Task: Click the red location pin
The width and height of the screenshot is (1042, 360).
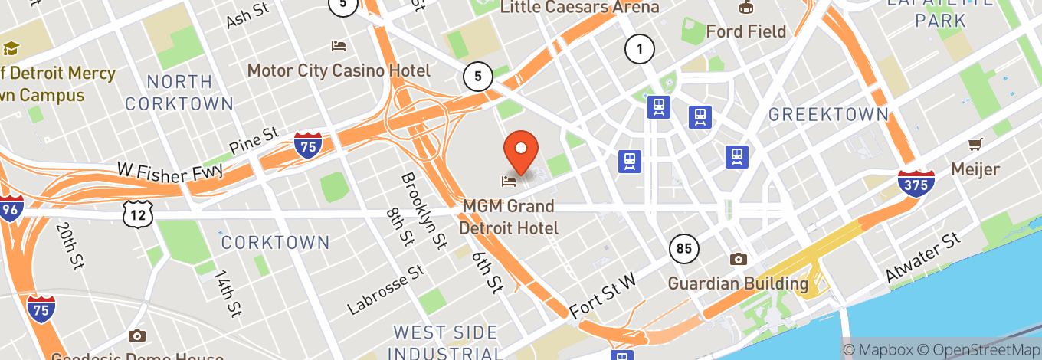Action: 521,150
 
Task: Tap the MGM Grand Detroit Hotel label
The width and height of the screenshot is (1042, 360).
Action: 509,217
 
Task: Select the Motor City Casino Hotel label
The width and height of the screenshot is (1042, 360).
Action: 339,70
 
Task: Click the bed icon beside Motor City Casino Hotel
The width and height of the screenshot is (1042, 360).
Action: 339,46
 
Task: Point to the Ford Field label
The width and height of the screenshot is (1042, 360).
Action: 745,31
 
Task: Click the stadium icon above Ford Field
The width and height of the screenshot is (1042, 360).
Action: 745,8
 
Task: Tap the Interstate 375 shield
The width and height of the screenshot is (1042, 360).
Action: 916,183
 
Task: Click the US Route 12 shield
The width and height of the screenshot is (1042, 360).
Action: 137,215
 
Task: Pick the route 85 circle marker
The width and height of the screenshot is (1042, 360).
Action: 683,248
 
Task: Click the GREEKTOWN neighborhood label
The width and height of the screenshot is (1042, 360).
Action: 828,115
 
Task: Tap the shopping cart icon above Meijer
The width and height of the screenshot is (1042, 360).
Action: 975,144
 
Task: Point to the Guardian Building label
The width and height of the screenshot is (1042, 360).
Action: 738,283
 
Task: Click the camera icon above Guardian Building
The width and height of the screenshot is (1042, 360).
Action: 738,259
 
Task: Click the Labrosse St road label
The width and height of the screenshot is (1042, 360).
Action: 385,290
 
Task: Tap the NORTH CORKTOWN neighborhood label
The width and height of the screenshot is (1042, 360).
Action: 179,92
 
